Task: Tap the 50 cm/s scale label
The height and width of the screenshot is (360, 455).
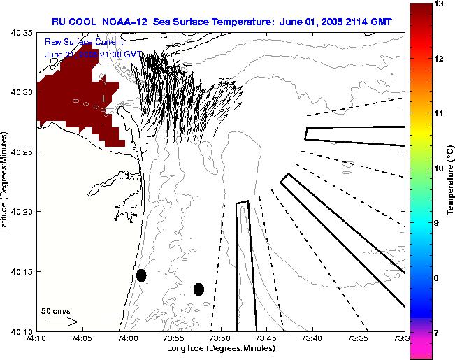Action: point(55,310)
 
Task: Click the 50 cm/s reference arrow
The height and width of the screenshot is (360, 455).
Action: point(61,322)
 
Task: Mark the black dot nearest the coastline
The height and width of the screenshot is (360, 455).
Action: point(141,275)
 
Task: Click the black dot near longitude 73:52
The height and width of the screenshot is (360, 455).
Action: point(198,289)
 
